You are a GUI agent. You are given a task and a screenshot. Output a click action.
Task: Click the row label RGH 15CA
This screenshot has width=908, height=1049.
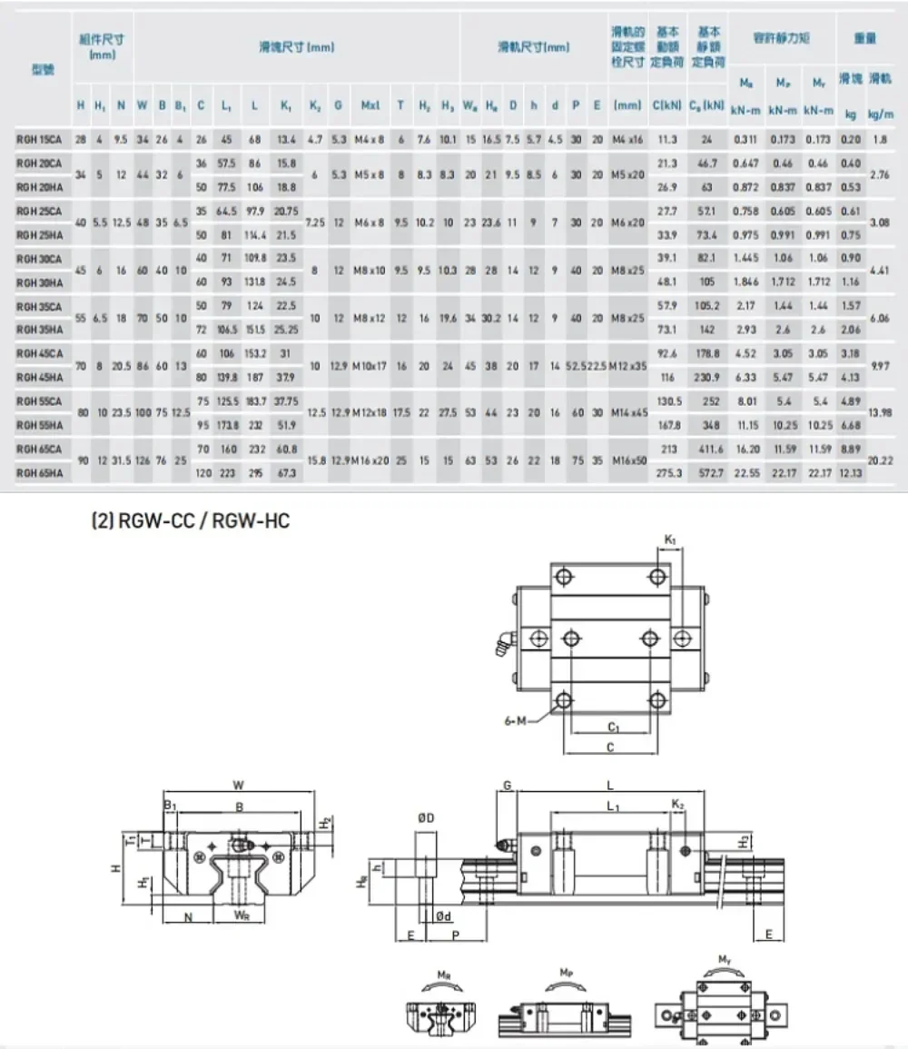39,139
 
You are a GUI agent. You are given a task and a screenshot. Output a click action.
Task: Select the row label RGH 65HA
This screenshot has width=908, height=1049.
39,472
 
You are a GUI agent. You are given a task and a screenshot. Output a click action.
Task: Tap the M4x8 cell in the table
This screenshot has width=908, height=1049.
370,139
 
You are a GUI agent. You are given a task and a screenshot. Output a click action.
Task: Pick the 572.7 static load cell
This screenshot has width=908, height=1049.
706,472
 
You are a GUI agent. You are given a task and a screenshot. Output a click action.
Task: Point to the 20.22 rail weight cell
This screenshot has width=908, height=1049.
879,460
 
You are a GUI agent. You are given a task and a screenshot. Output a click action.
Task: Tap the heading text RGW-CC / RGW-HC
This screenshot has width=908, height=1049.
190,521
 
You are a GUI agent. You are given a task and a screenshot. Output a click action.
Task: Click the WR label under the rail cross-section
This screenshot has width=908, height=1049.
242,916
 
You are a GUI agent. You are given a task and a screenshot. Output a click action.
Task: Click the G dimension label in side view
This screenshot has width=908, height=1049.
507,785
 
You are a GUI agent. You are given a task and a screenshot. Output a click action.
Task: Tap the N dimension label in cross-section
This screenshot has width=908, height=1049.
188,917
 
